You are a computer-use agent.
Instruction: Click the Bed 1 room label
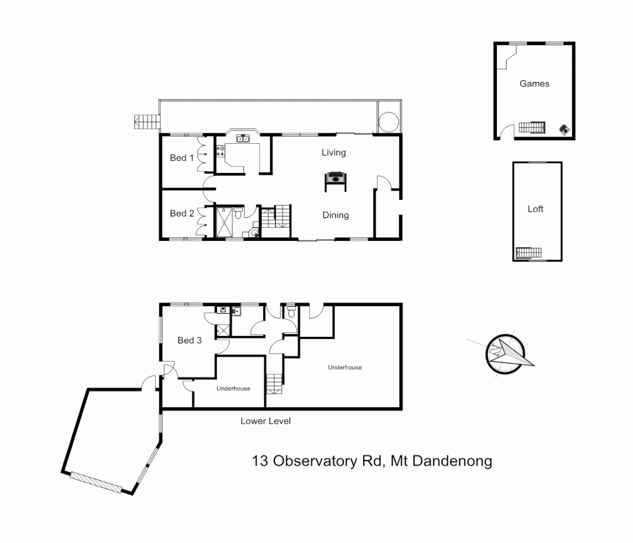(x=181, y=158)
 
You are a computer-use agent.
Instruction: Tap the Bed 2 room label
(x=181, y=214)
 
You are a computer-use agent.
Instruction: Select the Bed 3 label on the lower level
(x=189, y=340)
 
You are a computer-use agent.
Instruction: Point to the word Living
(x=334, y=152)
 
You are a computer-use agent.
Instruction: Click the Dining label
(x=335, y=215)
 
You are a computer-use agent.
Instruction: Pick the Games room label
(x=534, y=84)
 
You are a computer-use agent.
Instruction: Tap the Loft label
(x=535, y=209)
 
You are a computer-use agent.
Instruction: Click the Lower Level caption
(x=265, y=421)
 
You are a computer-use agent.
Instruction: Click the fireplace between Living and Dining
(x=335, y=178)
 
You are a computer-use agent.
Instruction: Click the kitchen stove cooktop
(x=221, y=151)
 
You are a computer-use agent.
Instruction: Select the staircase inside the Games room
(x=532, y=127)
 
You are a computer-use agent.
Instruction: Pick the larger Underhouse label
(x=345, y=368)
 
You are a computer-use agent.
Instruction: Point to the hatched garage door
(x=95, y=482)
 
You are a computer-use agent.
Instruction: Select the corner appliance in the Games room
(x=565, y=130)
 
